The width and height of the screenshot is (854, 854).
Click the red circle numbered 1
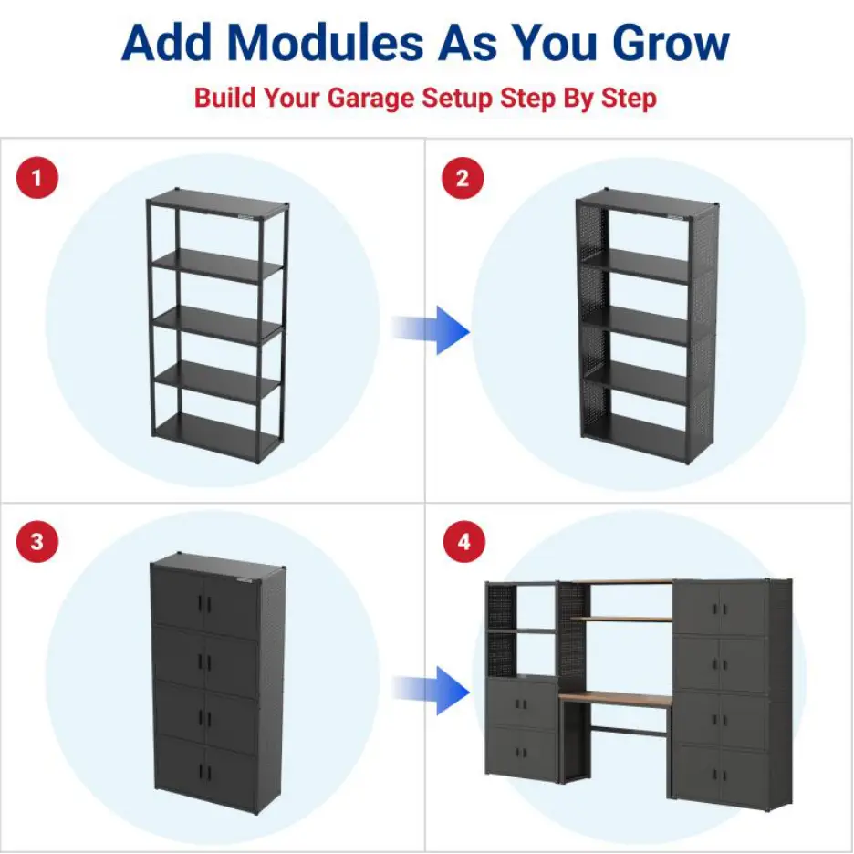36,177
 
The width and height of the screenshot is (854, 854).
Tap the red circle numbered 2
463,177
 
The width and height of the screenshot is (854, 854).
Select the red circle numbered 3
36,542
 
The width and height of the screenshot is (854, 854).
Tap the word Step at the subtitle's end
628,98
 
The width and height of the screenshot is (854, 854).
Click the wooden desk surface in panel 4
616,700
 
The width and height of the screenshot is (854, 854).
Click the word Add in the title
166,42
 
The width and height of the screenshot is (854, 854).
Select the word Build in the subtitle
225,98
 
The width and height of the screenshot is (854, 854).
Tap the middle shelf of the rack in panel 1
216,319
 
